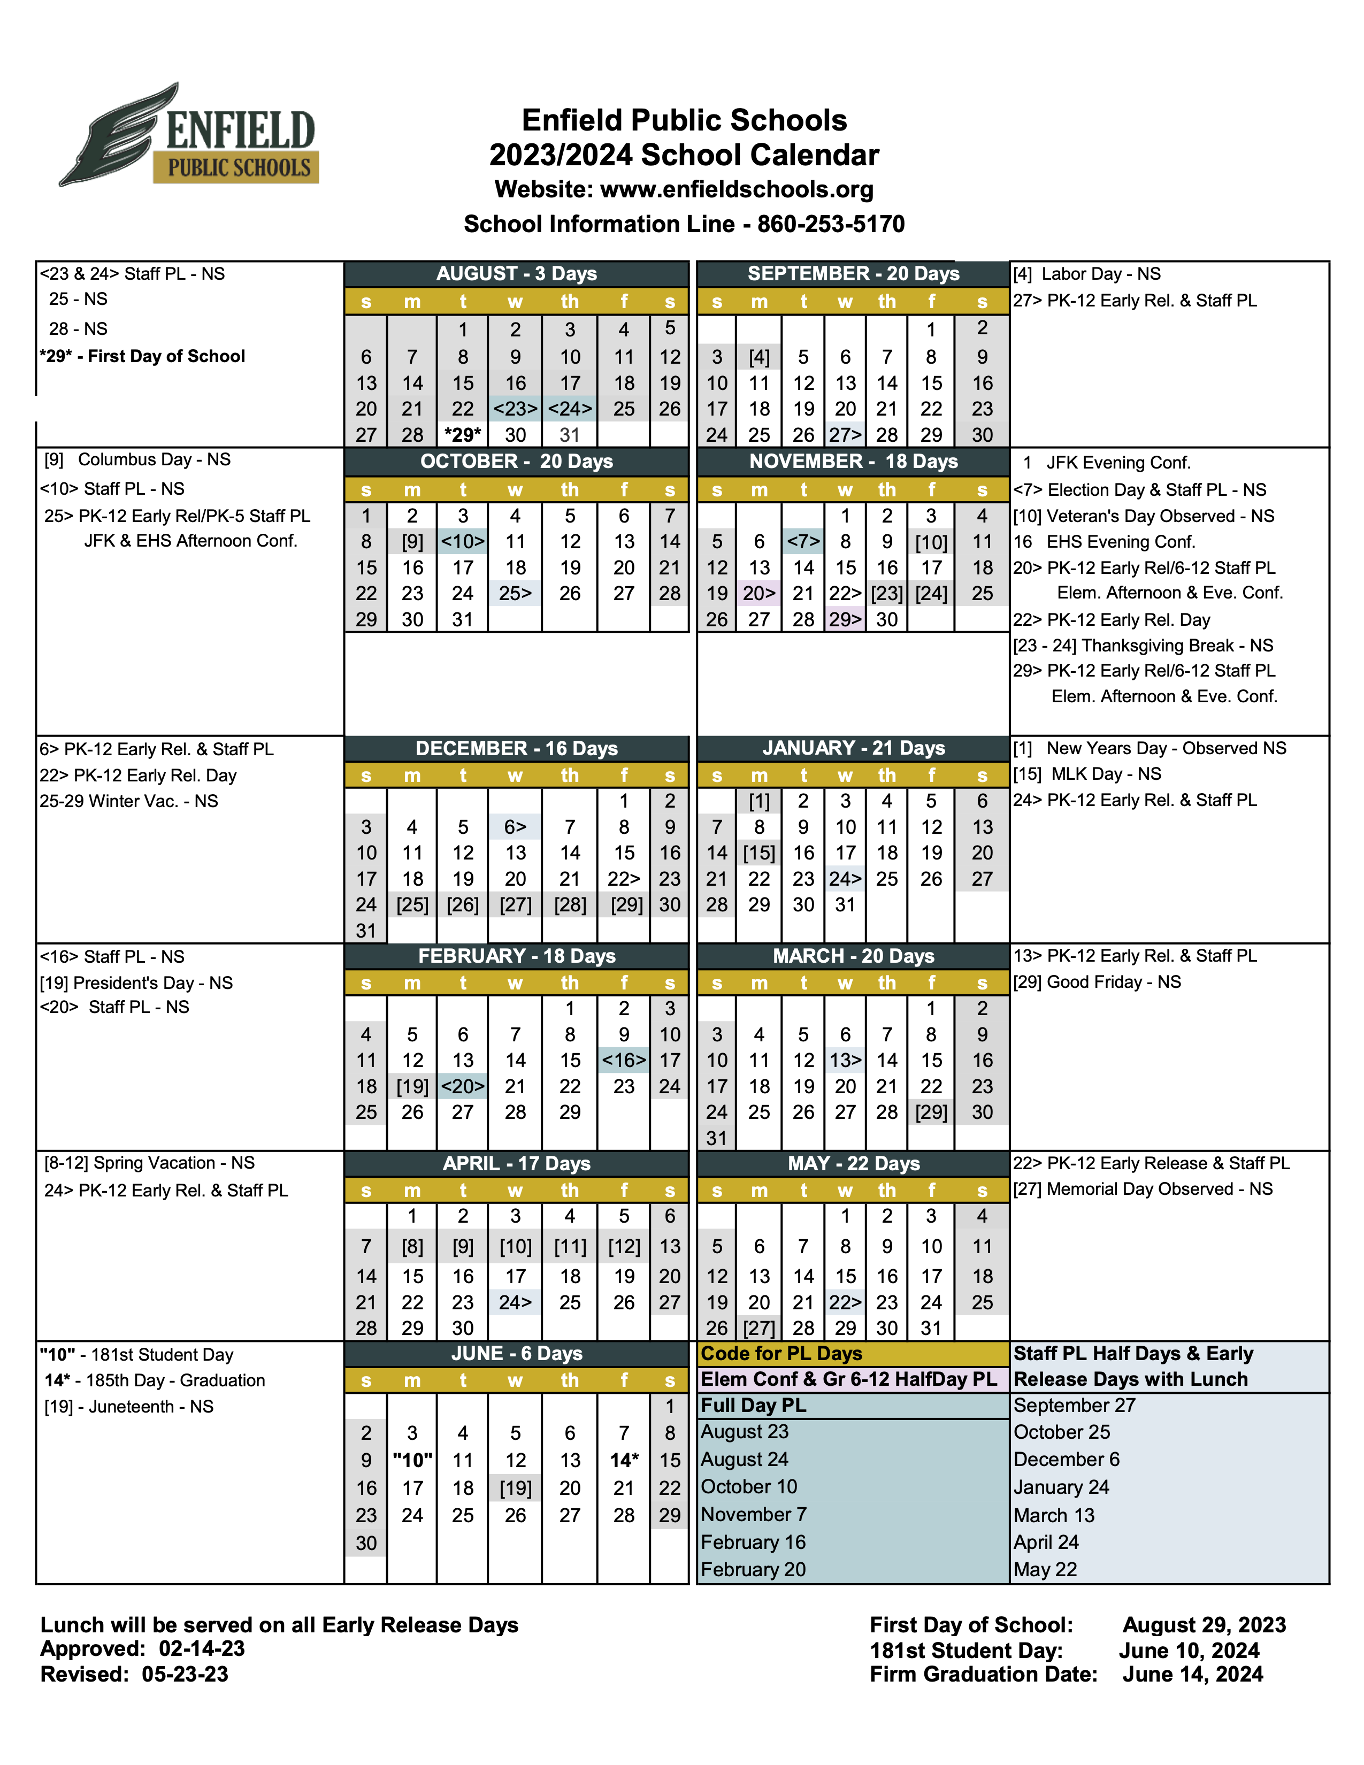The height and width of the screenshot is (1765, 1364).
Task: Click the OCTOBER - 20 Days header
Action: pyautogui.click(x=516, y=462)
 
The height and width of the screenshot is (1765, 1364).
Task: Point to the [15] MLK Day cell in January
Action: pyautogui.click(x=759, y=853)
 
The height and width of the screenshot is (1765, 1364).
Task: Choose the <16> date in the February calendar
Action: pyautogui.click(x=623, y=1060)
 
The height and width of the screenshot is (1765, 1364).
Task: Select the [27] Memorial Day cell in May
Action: pyautogui.click(x=759, y=1328)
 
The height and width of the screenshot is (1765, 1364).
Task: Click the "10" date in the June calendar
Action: pyautogui.click(x=412, y=1460)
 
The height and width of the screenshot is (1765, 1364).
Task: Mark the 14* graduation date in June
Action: pyautogui.click(x=623, y=1460)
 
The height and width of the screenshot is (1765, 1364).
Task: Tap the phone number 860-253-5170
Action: pyautogui.click(x=831, y=224)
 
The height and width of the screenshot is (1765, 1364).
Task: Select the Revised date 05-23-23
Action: pyautogui.click(x=185, y=1674)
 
